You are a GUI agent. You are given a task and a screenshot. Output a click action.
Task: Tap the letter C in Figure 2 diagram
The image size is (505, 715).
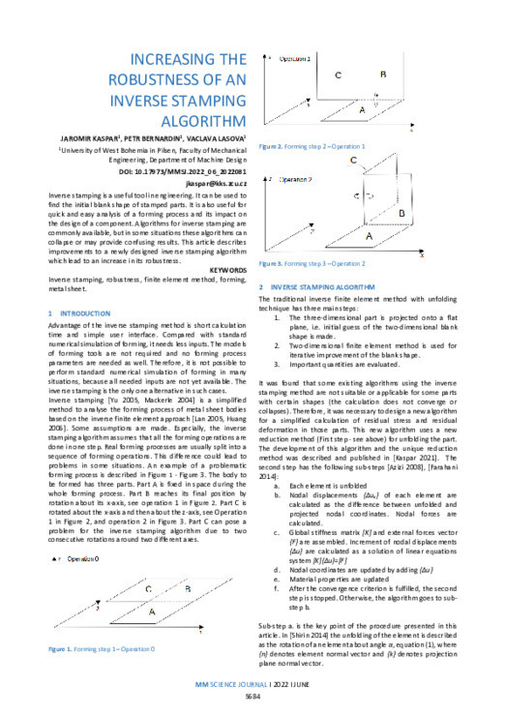coord(336,74)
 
